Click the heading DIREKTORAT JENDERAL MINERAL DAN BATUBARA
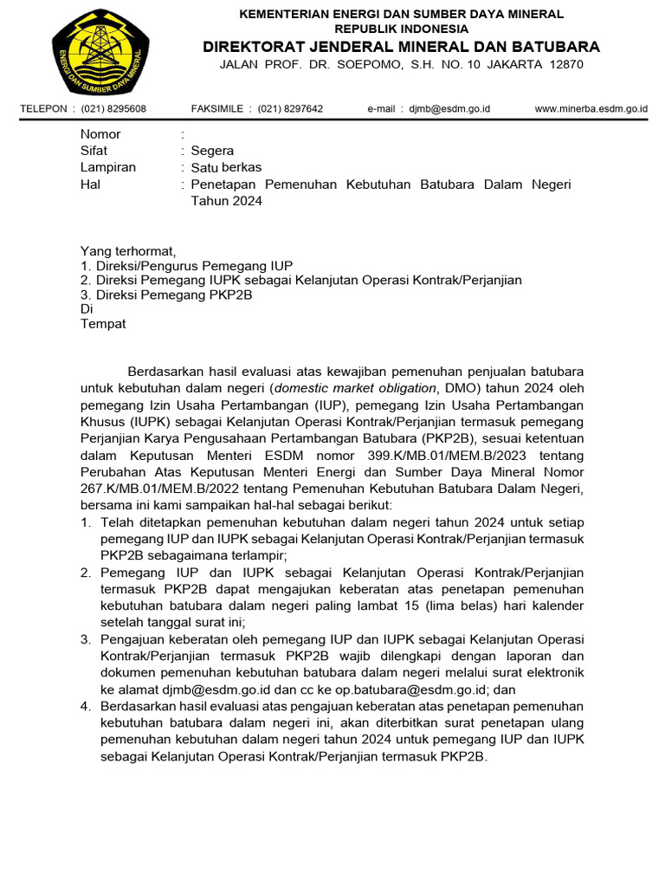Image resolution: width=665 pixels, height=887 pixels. pos(402,46)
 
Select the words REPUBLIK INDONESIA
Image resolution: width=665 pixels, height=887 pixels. pos(402,29)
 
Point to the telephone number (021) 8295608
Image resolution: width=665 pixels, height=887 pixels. pos(113,109)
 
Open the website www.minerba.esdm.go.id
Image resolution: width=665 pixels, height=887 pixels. pos(591,109)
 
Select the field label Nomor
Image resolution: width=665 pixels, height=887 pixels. pos(100,134)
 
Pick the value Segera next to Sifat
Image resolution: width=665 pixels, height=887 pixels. pos(212,151)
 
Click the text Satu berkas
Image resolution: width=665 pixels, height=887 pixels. pos(226,167)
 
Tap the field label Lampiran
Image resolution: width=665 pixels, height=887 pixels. pos(108,167)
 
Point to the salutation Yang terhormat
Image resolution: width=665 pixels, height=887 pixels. pos(127,251)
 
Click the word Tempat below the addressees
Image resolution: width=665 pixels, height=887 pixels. pos(103,324)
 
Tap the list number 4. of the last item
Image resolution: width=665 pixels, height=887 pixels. pos(86,706)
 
